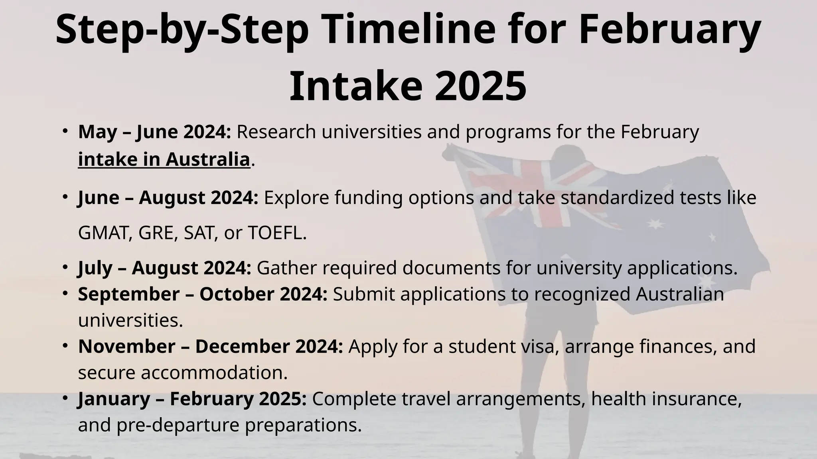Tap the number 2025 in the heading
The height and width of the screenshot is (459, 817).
coord(480,86)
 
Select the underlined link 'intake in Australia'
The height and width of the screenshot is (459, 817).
coord(164,159)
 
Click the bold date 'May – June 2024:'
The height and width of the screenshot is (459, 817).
coord(154,132)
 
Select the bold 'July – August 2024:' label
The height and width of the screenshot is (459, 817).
coord(164,268)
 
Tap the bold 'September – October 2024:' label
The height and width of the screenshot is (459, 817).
coord(203,294)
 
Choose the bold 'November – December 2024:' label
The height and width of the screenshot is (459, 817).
coord(210,346)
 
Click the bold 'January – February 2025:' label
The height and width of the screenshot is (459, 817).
coord(192,399)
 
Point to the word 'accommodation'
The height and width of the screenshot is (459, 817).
coord(214,373)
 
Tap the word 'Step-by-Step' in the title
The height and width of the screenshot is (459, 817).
coord(182,30)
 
